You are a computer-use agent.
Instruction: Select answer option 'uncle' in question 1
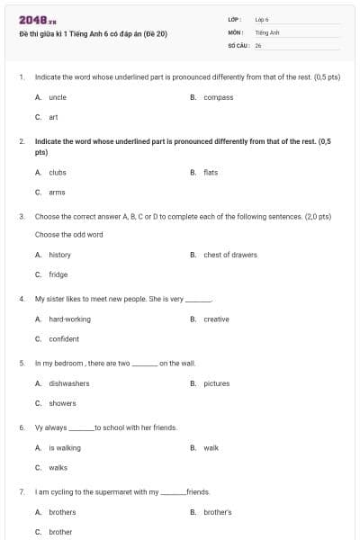(x=58, y=97)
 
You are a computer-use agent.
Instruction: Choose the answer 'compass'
(x=218, y=97)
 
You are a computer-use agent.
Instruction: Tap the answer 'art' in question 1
(x=53, y=117)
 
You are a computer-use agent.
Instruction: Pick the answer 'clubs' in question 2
(x=58, y=172)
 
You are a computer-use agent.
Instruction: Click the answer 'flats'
(x=211, y=172)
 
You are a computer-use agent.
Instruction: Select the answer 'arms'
(x=57, y=192)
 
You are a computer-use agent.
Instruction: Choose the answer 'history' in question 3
(x=59, y=255)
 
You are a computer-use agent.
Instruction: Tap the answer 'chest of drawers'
(x=229, y=255)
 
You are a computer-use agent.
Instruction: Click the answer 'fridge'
(x=58, y=274)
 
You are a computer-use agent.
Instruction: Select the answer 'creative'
(x=216, y=319)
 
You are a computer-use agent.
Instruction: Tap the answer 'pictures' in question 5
(x=216, y=383)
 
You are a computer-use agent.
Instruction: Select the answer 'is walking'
(x=64, y=447)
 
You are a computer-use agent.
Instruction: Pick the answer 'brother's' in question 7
(x=217, y=512)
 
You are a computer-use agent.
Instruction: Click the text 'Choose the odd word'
(x=68, y=235)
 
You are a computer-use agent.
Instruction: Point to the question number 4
(x=21, y=299)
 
